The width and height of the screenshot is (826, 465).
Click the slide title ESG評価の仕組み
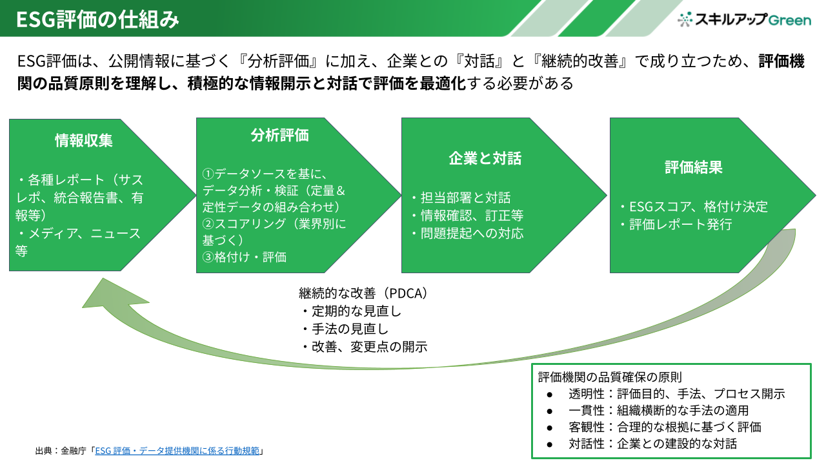97,19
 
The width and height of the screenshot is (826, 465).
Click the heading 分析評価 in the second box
279,135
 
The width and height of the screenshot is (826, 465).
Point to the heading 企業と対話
485,158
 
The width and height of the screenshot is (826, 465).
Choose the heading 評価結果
694,167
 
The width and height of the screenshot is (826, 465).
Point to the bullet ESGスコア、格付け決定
693,207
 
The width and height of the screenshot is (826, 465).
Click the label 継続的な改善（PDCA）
363,293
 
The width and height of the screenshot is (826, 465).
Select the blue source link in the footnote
177,451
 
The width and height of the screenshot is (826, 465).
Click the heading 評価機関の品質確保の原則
610,376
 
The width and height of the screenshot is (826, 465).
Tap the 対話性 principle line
652,444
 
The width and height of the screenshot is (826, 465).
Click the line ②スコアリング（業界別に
274,224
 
